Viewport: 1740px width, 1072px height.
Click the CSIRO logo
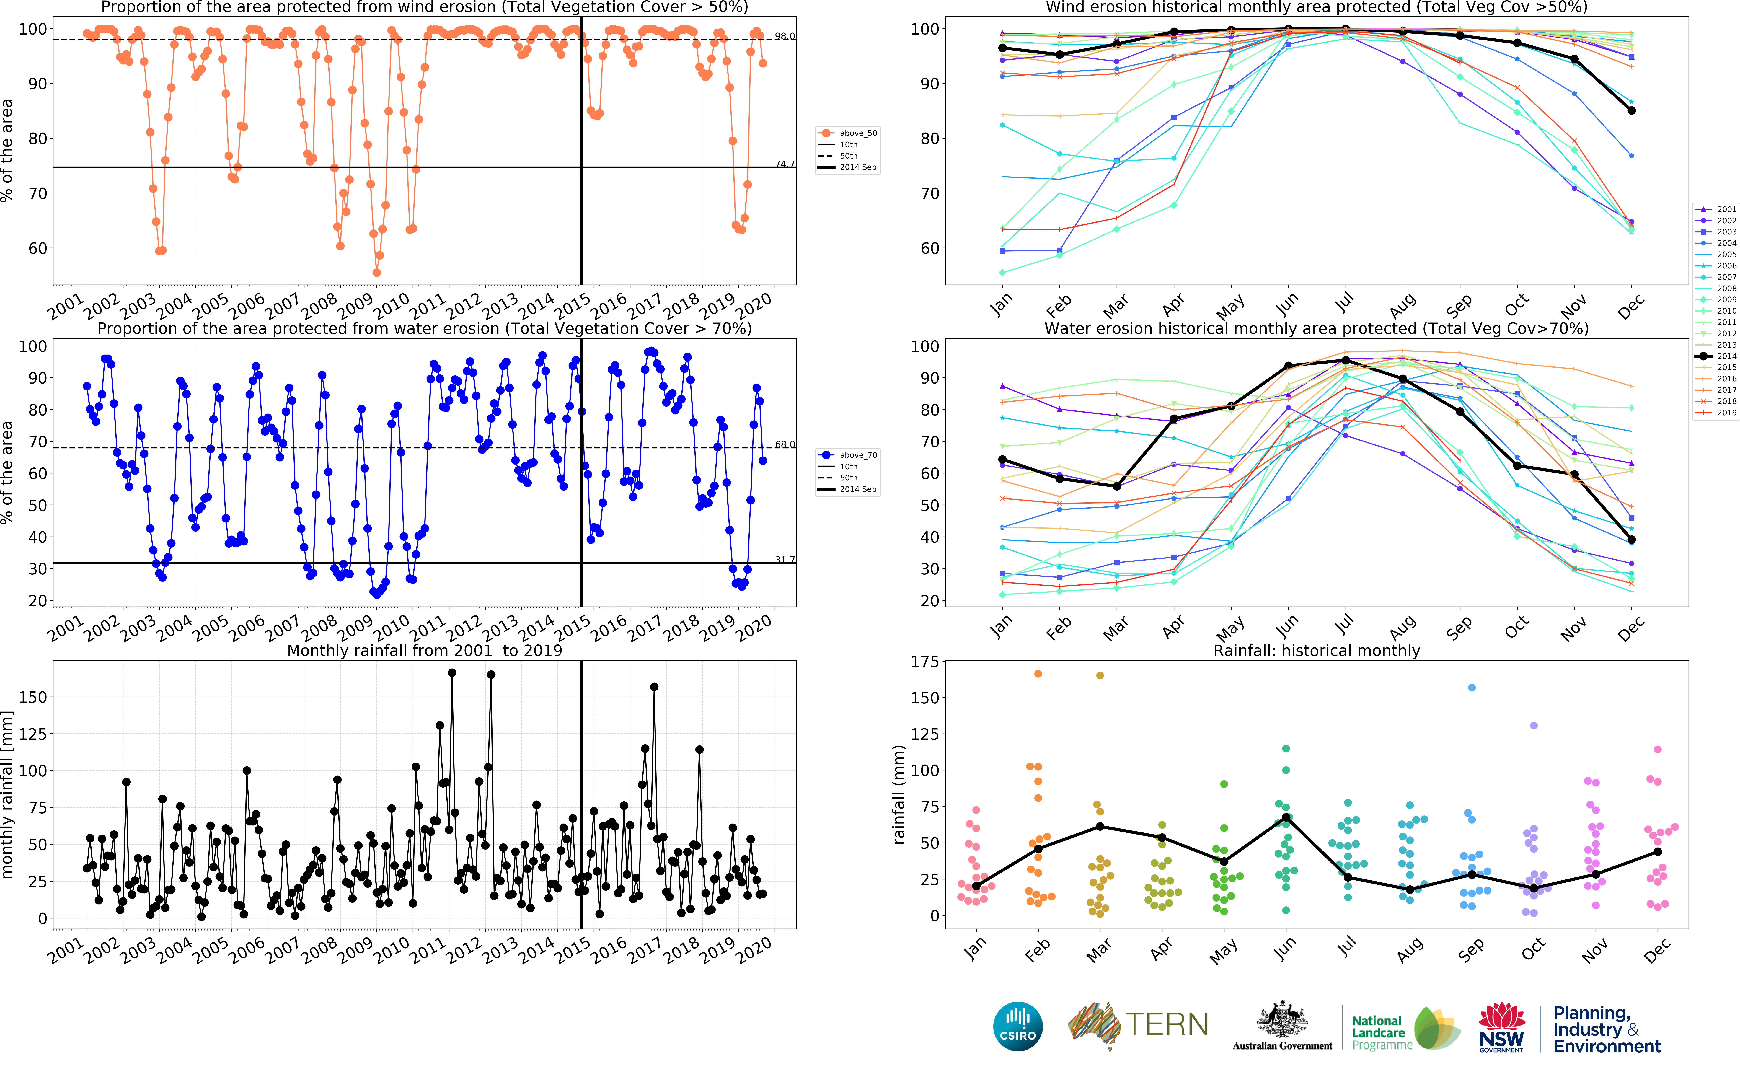[x=1018, y=1026]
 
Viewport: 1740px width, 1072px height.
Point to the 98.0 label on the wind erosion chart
[x=785, y=36]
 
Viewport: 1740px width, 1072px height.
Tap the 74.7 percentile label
[x=785, y=164]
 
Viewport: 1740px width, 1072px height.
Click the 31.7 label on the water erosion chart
[x=785, y=559]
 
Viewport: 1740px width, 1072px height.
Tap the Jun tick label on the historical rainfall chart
[x=1284, y=948]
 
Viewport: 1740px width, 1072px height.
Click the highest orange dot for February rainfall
[x=1038, y=674]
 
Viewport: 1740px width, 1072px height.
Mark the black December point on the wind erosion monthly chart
[x=1632, y=111]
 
